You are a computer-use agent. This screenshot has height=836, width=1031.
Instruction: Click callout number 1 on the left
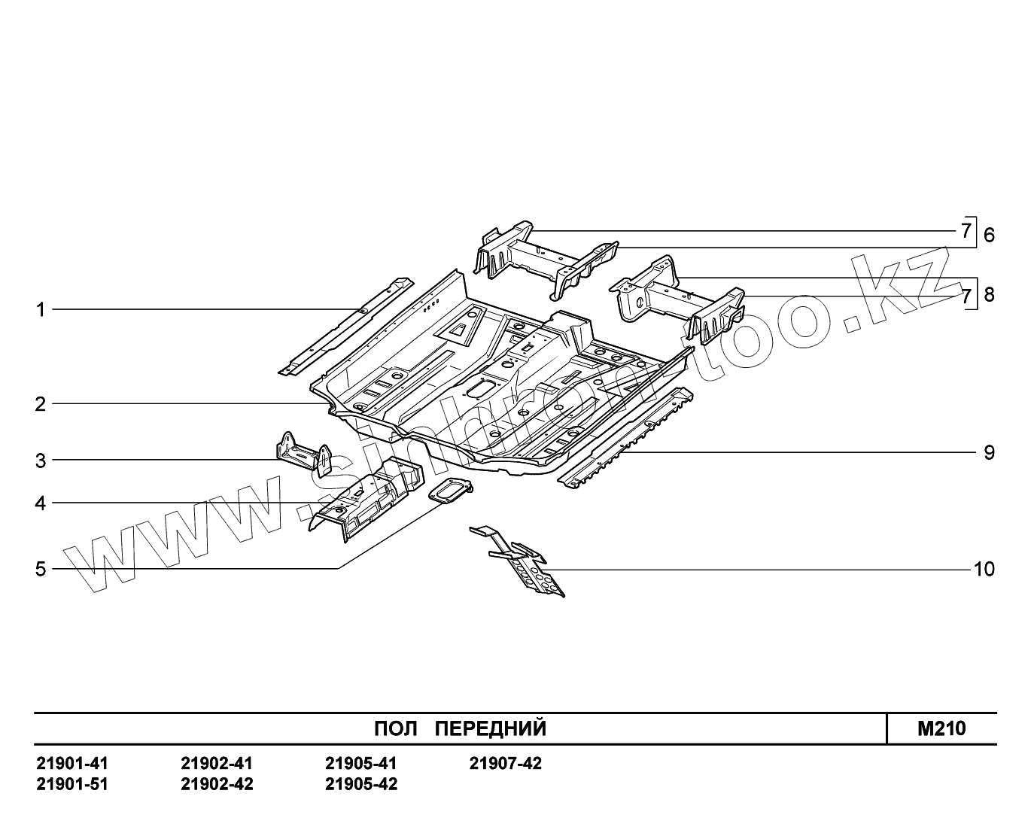tap(41, 309)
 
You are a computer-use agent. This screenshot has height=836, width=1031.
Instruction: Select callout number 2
tap(41, 404)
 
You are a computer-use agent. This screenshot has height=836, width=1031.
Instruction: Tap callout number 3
tap(41, 460)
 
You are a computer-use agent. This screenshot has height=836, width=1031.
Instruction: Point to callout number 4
tap(41, 503)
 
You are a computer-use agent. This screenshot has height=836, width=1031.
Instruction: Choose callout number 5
tap(41, 569)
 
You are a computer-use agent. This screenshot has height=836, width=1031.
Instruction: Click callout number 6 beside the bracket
tap(989, 235)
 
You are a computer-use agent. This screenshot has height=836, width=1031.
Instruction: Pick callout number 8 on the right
tap(989, 294)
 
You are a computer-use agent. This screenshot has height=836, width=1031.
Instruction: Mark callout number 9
tap(989, 452)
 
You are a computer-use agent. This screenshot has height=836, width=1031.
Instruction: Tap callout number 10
tap(984, 569)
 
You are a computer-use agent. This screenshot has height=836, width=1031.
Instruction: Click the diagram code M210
tap(941, 728)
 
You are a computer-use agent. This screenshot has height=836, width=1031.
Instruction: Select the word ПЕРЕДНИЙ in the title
tap(491, 728)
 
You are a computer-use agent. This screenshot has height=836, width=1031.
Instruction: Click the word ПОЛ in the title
tap(395, 728)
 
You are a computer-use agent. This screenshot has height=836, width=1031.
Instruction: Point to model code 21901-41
tap(72, 764)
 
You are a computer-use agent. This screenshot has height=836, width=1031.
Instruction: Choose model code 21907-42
tap(506, 764)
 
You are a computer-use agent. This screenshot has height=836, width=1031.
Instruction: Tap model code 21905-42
tap(361, 784)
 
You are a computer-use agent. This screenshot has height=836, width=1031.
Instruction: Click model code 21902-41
tap(217, 764)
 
